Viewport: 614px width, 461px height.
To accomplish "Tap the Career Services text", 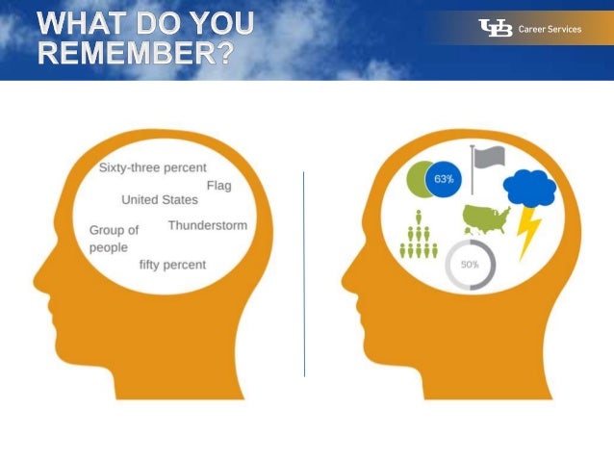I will coord(550,29).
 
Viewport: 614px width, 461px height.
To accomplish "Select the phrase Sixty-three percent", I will coord(152,167).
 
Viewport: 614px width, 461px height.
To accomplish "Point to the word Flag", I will coord(219,185).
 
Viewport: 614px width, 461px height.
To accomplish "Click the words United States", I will coord(160,200).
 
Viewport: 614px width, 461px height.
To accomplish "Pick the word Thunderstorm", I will coord(207,225).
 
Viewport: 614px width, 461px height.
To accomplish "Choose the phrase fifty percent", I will coord(172,265).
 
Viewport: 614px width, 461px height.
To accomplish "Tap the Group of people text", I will coord(114,239).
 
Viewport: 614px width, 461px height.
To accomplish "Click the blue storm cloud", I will coord(529,189).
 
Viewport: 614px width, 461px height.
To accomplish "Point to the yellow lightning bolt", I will coord(529,234).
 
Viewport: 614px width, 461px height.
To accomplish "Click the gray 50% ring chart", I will coord(470,264).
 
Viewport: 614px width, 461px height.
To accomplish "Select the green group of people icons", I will coord(418,239).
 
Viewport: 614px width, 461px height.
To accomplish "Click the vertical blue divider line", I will coord(304,274).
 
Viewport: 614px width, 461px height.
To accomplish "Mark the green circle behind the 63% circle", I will coord(417,178).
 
